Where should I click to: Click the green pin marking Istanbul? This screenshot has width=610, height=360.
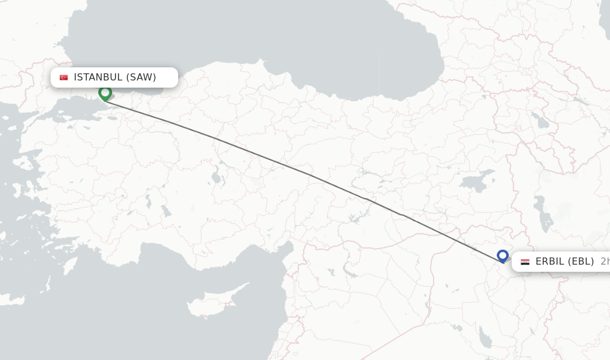click(105, 93)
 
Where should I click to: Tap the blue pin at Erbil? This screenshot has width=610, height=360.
click(502, 256)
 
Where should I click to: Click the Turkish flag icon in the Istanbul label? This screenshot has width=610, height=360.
click(64, 77)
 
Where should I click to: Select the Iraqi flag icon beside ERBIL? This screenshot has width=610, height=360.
click(525, 262)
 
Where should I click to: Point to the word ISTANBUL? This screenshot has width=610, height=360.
click(98, 77)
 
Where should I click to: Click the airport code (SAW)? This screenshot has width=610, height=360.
click(141, 77)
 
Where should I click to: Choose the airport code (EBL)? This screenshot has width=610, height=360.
click(581, 261)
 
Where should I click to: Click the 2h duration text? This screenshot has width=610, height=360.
click(604, 261)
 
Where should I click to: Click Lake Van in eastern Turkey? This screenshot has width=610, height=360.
click(477, 181)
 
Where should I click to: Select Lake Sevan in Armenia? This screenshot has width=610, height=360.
click(541, 122)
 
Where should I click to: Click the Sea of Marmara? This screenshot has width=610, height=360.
click(71, 109)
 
